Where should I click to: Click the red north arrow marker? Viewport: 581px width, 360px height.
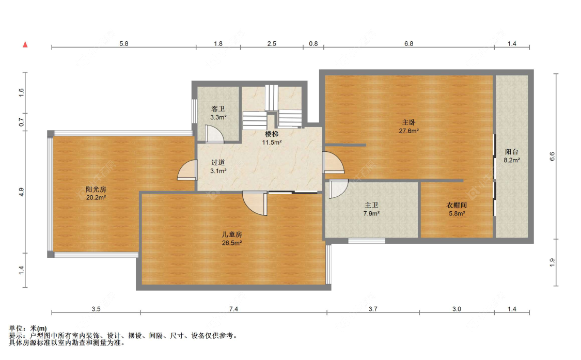(x=25, y=44)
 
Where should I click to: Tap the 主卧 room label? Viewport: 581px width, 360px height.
(x=409, y=122)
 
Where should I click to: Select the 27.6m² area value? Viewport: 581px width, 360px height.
(x=409, y=131)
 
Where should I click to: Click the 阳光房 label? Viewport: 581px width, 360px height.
(x=96, y=189)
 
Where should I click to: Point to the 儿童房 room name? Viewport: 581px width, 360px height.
(x=232, y=234)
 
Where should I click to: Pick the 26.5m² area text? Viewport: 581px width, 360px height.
(x=232, y=243)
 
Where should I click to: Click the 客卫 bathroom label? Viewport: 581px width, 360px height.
(x=218, y=108)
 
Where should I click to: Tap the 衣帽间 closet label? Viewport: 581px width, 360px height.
(x=457, y=205)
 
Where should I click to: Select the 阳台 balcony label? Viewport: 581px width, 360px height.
(x=512, y=152)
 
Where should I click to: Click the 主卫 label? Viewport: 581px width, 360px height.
(x=371, y=205)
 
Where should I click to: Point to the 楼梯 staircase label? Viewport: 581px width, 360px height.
(x=272, y=134)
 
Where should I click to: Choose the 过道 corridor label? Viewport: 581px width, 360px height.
(x=218, y=162)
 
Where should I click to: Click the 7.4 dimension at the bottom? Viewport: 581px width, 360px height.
(x=233, y=309)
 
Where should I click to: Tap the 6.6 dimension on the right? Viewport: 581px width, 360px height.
(x=552, y=156)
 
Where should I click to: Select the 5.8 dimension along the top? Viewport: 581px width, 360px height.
(x=124, y=43)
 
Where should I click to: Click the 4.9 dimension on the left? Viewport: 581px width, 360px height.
(x=22, y=192)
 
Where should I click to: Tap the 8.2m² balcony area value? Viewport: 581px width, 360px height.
(x=512, y=160)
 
